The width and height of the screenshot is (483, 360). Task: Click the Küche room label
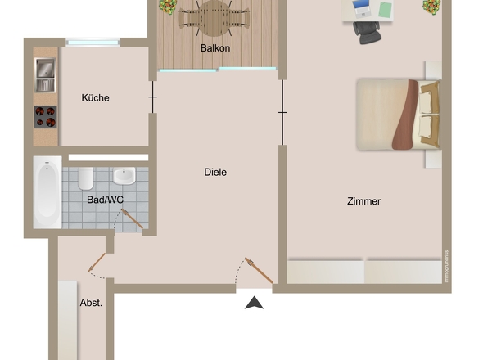tap(95, 98)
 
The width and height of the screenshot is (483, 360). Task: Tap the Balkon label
tap(215, 48)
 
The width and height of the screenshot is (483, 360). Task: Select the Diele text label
tap(215, 173)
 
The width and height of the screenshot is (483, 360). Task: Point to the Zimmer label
tap(363, 201)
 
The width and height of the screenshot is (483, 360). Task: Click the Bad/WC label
tap(105, 199)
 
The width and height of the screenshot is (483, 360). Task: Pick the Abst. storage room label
tap(91, 303)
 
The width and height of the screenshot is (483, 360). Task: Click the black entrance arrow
tap(255, 303)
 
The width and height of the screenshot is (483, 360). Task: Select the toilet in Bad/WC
tap(86, 178)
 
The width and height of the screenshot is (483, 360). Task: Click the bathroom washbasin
tap(124, 176)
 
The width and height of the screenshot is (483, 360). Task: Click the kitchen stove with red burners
tap(45, 117)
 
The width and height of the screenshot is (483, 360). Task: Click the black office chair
tap(366, 30)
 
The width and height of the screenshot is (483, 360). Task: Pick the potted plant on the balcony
tap(167, 7)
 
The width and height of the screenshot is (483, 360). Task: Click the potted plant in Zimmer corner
tap(431, 7)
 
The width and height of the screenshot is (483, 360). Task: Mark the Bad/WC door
tap(132, 218)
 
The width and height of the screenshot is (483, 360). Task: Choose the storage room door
tap(98, 261)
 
